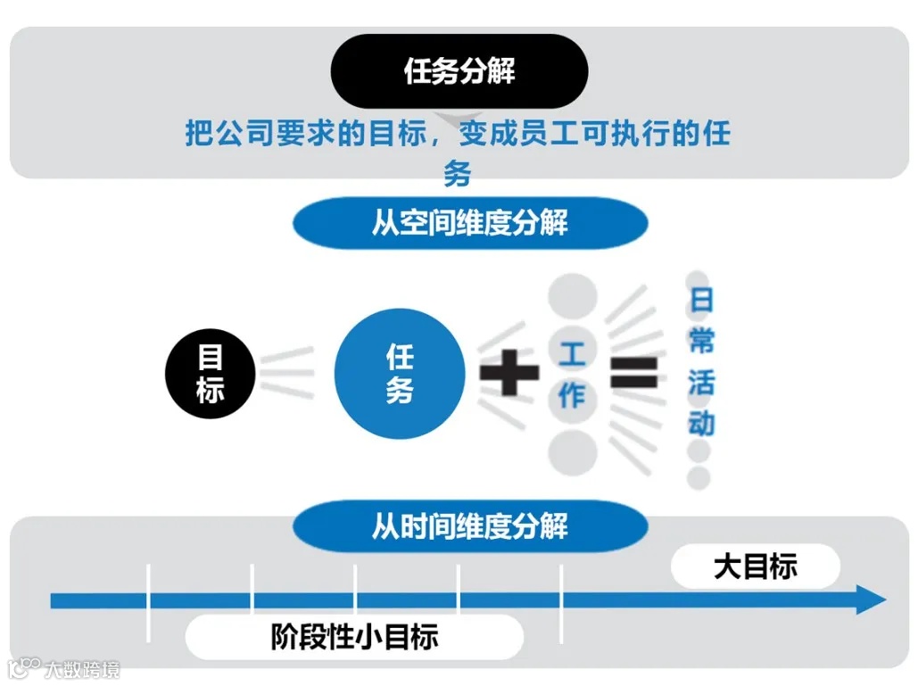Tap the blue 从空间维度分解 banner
469,223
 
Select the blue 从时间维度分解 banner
469,526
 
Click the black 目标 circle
211,375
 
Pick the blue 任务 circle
400,374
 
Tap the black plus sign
509,371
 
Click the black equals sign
634,372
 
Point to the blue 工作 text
572,375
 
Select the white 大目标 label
755,566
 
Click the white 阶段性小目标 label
354,637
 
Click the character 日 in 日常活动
701,300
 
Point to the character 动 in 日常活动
701,423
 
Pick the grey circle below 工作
572,453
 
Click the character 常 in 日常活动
701,341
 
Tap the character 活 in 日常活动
701,382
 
